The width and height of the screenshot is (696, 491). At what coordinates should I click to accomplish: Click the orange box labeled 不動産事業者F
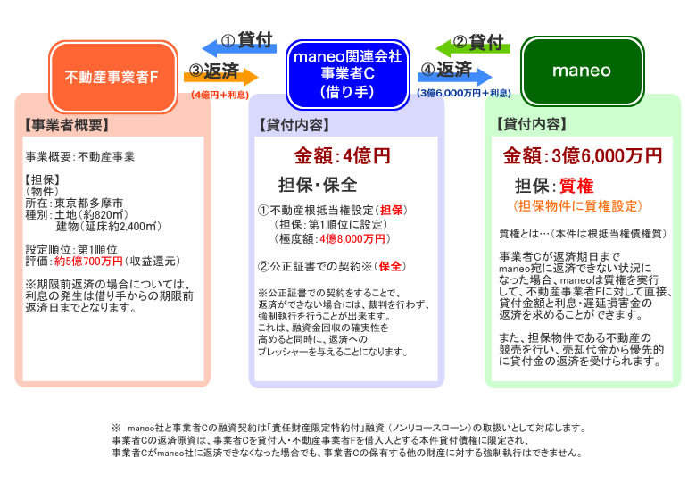coord(113,77)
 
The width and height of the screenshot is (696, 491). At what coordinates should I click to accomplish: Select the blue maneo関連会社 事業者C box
coord(348,74)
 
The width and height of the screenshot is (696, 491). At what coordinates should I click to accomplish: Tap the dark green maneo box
coord(582,71)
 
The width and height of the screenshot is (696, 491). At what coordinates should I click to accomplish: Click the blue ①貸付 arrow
coord(239,46)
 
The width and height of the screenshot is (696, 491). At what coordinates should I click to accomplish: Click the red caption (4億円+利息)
coord(220,95)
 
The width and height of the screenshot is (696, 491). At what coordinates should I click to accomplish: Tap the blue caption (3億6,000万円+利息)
coord(464,93)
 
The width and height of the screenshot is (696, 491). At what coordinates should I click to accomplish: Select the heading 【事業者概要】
coord(67,125)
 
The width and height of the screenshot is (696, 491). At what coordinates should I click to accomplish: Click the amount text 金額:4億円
coord(343,156)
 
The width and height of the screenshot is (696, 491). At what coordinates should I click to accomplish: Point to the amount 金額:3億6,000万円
coord(582,156)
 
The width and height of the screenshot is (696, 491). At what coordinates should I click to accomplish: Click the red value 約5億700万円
coord(88,262)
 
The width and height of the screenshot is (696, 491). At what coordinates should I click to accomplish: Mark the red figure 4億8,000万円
coord(352,239)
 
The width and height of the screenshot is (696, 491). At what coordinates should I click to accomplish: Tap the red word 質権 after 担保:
coord(576,186)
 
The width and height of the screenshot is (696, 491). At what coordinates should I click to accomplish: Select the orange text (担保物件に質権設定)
coord(577,206)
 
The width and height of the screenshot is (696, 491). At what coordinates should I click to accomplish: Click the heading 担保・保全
coord(318,185)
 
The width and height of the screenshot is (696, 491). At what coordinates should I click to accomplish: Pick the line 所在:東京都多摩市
coord(74,204)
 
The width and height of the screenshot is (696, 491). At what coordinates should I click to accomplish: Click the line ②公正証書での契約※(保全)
coord(332,266)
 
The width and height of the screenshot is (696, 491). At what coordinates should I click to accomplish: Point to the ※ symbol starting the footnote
coord(116,428)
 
